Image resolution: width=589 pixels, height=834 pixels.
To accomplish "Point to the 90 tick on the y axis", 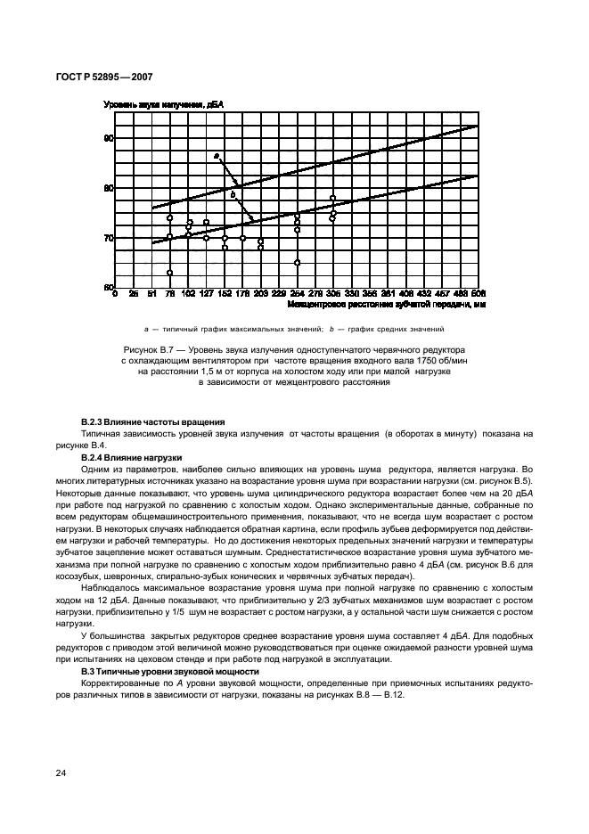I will [x=109, y=138].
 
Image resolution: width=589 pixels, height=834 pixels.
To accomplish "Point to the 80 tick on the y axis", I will [x=109, y=188].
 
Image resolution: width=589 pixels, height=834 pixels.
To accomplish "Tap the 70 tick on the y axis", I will [x=109, y=238].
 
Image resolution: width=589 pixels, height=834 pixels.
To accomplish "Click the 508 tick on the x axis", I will [x=479, y=294].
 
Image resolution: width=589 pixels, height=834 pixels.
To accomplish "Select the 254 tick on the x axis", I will [x=297, y=294].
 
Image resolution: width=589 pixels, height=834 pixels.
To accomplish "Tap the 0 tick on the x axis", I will [x=116, y=294].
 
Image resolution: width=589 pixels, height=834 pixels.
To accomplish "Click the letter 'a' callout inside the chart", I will [x=216, y=157].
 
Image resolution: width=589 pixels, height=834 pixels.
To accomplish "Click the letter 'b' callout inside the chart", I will [x=233, y=194].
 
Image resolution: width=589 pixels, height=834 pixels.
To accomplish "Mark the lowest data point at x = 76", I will [x=169, y=273].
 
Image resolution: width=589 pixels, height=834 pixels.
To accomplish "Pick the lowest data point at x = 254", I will [x=297, y=263].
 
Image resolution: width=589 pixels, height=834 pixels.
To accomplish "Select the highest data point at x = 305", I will [x=332, y=198].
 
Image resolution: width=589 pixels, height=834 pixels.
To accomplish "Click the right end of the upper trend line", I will [x=479, y=127].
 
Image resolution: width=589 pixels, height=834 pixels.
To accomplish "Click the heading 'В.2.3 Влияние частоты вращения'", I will [x=152, y=421].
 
